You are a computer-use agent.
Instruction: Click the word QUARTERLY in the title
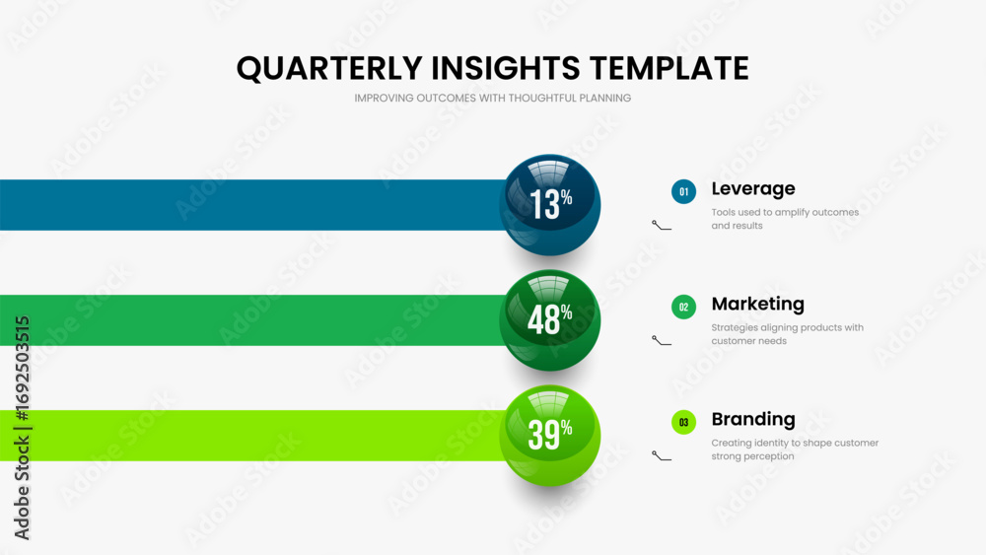point(329,68)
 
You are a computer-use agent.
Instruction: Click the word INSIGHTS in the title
point(506,68)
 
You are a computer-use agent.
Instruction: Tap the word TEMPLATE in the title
point(669,68)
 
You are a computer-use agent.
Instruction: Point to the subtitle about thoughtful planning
point(492,98)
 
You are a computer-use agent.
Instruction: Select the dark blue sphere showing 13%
point(550,205)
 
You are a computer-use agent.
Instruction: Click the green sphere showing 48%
point(550,320)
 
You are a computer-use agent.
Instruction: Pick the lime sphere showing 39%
point(550,435)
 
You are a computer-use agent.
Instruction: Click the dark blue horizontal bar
point(251,205)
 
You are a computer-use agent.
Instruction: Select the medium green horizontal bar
point(251,320)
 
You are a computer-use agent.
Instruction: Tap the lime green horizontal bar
point(251,436)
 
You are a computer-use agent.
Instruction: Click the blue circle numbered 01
point(683,191)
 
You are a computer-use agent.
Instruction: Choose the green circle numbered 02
point(683,307)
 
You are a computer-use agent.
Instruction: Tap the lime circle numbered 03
point(683,422)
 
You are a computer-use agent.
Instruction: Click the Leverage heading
point(753,189)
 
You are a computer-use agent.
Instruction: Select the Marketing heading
point(757,305)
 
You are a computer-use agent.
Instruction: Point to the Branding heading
point(753,419)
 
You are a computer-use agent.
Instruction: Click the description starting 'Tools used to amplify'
point(785,219)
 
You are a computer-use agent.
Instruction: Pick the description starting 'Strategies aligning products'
point(787,334)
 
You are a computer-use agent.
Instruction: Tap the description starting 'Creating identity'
point(795,450)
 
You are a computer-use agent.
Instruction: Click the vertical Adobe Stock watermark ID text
point(22,428)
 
